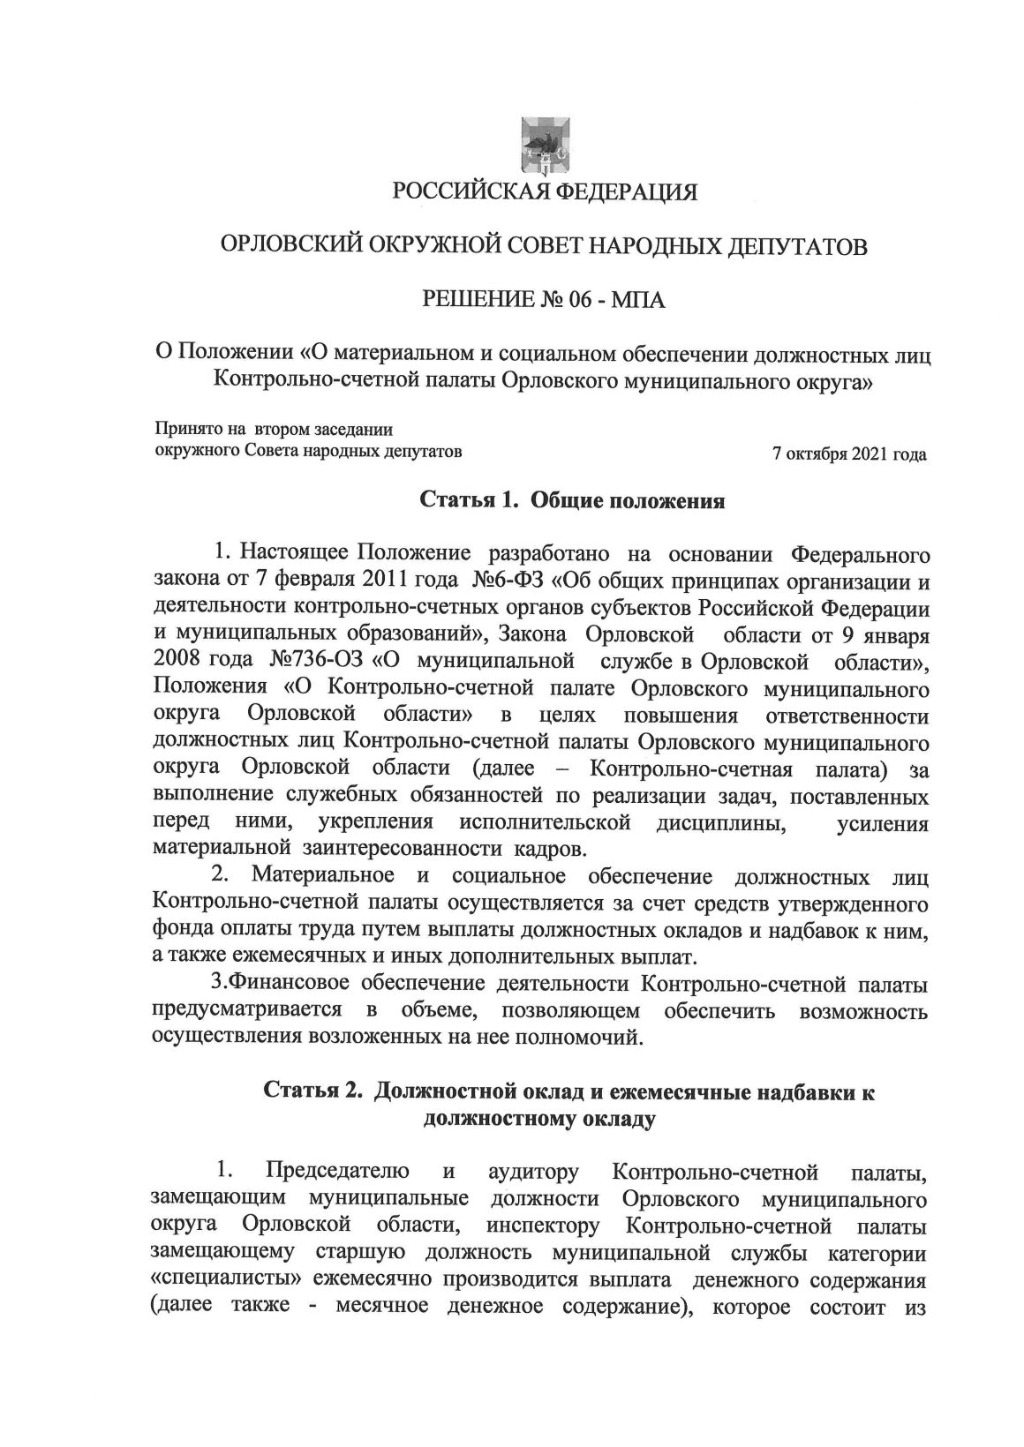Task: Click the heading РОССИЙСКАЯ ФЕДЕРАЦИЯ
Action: pos(545,191)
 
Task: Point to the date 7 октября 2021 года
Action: pos(849,455)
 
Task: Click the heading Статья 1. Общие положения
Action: pos(571,502)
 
